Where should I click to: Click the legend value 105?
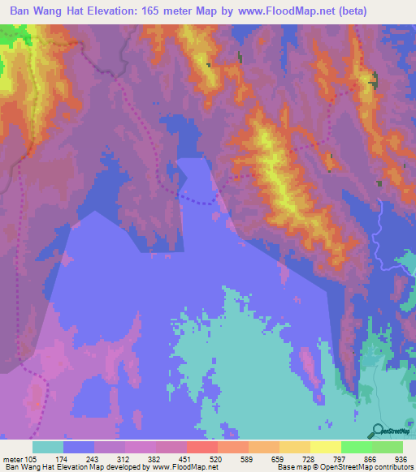pyautogui.click(x=32, y=458)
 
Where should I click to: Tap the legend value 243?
pyautogui.click(x=89, y=458)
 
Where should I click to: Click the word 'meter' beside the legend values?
pyautogui.click(x=12, y=458)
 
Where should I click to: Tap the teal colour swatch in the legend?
pyautogui.click(x=47, y=447)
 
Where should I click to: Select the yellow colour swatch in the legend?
pyautogui.click(x=325, y=447)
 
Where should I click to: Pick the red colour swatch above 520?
pyautogui.click(x=201, y=447)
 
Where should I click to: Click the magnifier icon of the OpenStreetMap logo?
pyautogui.click(x=378, y=431)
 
